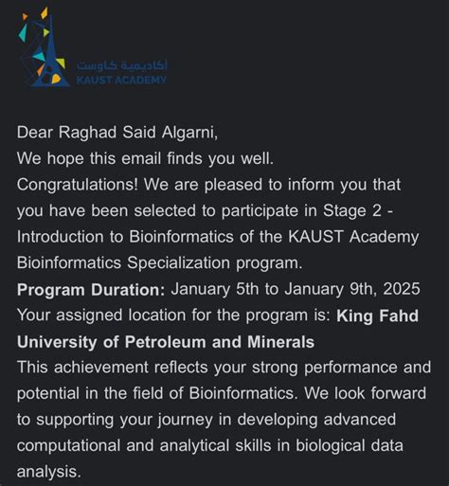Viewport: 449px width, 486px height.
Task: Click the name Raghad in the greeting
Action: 93,133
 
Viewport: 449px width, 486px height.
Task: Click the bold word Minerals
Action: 278,341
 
